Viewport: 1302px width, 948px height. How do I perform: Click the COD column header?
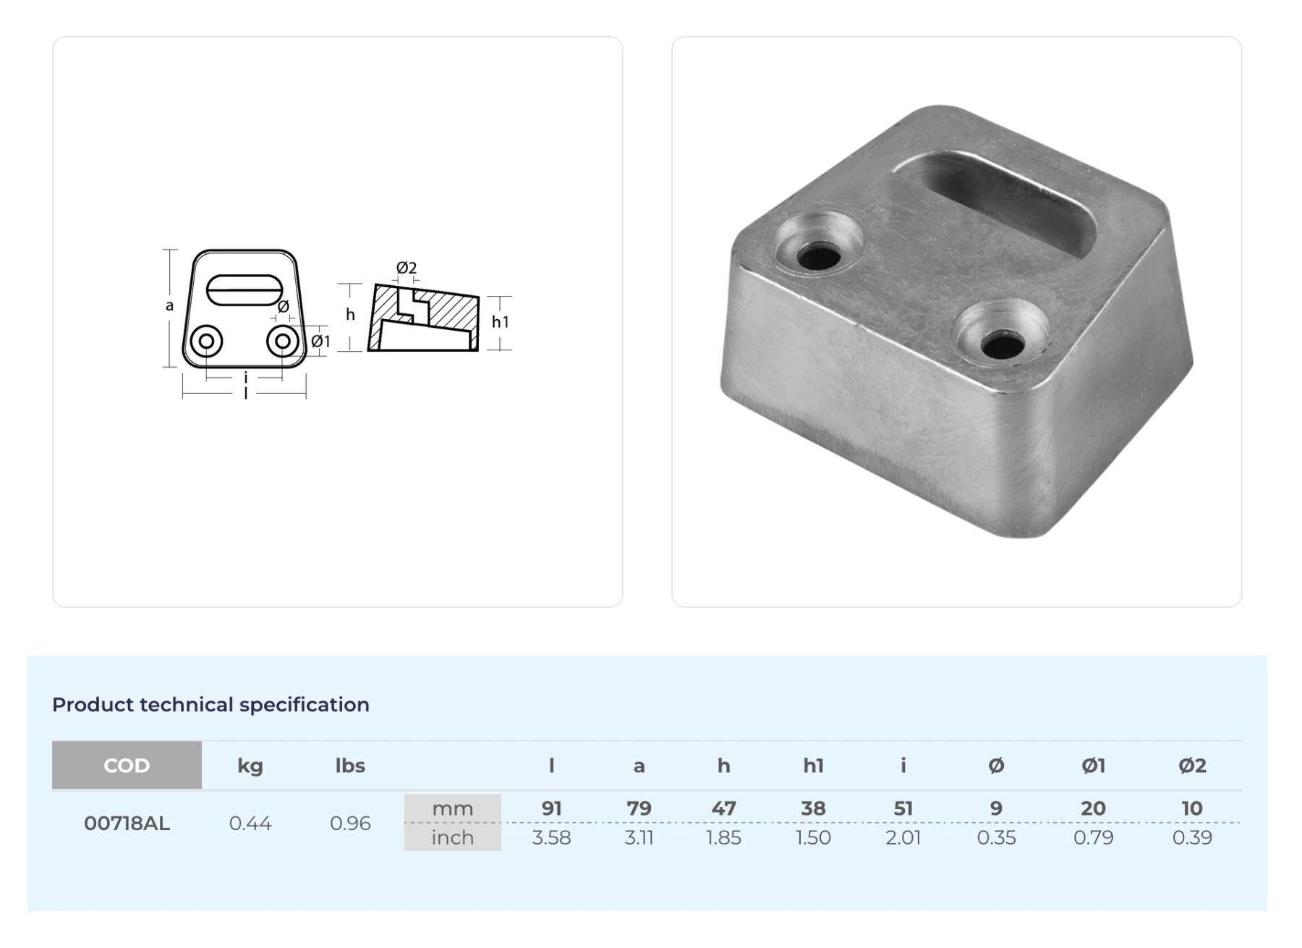pos(127,765)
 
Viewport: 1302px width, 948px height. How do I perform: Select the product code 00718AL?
pos(127,823)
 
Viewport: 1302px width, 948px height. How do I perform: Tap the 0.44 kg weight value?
pos(250,823)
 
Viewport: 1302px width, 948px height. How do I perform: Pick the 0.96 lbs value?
pos(350,823)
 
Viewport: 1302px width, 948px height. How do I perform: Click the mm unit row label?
pos(452,808)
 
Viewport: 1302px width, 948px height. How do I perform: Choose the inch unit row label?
pos(452,837)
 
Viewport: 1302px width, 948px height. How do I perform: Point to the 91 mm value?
pos(552,808)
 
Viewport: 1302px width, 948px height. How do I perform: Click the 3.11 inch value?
pos(639,837)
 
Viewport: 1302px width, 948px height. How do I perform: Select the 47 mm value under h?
pos(723,808)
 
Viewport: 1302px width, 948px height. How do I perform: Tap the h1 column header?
pos(813,766)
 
